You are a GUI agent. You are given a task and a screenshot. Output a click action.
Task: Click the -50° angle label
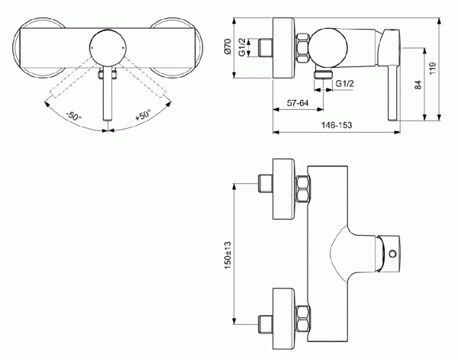point(73,117)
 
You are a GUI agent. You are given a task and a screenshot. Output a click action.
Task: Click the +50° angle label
point(143,117)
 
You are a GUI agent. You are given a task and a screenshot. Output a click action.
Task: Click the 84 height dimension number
point(419,84)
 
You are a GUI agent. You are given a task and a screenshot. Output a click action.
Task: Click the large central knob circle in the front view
point(108,46)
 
